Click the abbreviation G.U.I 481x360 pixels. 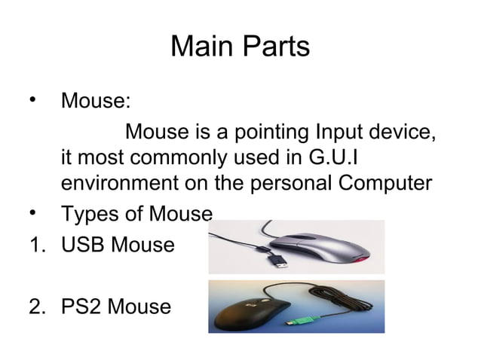coord(343,159)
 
